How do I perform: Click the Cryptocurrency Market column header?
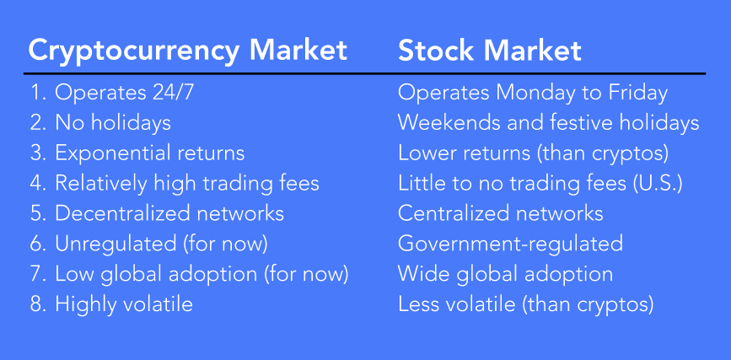pyautogui.click(x=187, y=51)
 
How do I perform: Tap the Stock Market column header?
pyautogui.click(x=490, y=51)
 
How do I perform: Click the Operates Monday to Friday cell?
pyautogui.click(x=532, y=94)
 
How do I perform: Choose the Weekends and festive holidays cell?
pyautogui.click(x=548, y=123)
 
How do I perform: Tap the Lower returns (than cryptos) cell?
pyautogui.click(x=534, y=153)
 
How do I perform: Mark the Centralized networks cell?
pyautogui.click(x=500, y=213)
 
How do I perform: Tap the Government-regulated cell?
pyautogui.click(x=510, y=244)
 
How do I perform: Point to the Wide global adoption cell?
pyautogui.click(x=505, y=274)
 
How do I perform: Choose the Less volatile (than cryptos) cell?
pyautogui.click(x=525, y=304)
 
